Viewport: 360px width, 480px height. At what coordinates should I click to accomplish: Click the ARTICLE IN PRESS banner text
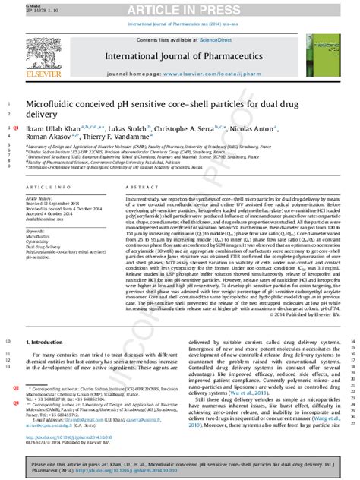click(180, 10)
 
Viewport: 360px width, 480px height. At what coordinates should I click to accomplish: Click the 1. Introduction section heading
click(49, 363)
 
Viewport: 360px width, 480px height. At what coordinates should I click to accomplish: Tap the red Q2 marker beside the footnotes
click(15, 409)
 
